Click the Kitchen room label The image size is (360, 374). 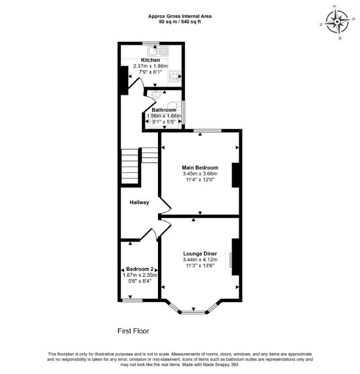click(x=150, y=60)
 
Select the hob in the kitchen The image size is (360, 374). click(x=175, y=76)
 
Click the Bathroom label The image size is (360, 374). click(x=164, y=110)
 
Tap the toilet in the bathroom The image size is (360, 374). click(x=175, y=105)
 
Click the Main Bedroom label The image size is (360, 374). click(x=200, y=168)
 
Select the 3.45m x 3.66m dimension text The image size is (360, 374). click(x=200, y=174)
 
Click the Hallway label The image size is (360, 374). click(x=139, y=203)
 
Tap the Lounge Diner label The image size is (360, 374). click(x=200, y=254)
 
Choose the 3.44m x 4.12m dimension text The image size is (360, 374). click(x=200, y=260)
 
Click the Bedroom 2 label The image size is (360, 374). click(x=140, y=269)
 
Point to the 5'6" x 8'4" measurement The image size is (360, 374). click(x=140, y=281)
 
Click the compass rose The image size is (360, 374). click(x=337, y=22)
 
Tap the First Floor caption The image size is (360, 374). click(x=133, y=331)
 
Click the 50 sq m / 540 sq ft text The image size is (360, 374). click(x=180, y=21)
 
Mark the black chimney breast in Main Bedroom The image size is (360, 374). click(x=235, y=175)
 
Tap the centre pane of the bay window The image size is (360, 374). click(x=193, y=312)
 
